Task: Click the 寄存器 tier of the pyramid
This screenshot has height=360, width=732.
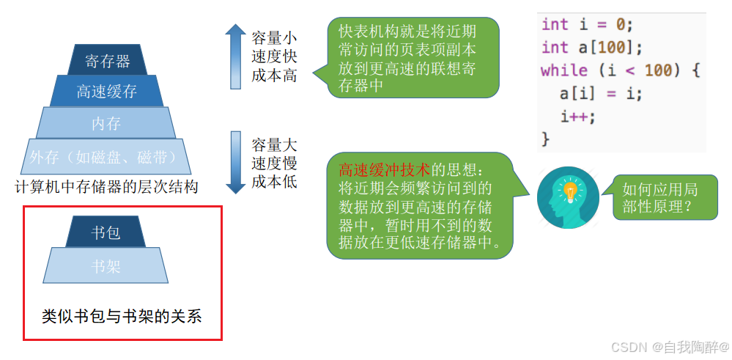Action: (108, 60)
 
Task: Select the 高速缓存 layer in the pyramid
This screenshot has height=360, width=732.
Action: (107, 91)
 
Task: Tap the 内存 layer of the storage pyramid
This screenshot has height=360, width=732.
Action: (106, 123)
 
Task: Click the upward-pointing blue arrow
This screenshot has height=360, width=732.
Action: (235, 56)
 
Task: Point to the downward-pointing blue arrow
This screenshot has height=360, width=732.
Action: (235, 162)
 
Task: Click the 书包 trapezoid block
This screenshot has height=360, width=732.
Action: (106, 232)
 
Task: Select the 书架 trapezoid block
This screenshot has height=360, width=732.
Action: (106, 265)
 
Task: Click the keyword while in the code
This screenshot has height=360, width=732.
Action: (564, 70)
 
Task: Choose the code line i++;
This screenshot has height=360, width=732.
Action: (578, 116)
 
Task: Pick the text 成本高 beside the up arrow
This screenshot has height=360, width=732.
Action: (274, 76)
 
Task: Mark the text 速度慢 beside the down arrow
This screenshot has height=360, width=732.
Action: (274, 163)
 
